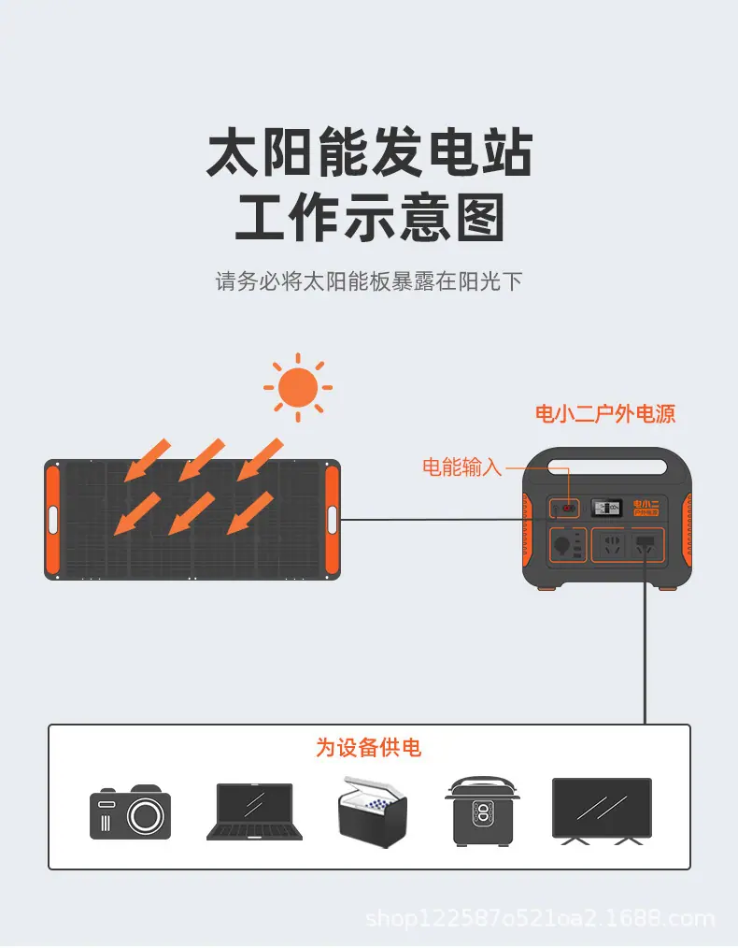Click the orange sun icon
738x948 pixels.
pos(298,388)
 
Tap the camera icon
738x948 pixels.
pos(131,812)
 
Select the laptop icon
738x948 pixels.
pos(254,812)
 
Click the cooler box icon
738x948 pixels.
pos(373,812)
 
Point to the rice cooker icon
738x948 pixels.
pos(483,811)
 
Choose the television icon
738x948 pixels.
pos(603,812)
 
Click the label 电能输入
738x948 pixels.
pos(462,467)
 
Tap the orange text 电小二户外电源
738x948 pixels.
pos(605,414)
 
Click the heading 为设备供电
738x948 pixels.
pos(368,748)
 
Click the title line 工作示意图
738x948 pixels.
pos(369,218)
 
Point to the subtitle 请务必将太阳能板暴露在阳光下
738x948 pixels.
pos(369,281)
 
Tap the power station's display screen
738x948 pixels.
pos(606,508)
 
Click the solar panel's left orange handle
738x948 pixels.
pos(52,520)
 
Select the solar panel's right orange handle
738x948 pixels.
pos(333,520)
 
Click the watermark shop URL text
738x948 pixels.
pos(541,919)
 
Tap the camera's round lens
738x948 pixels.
pos(145,816)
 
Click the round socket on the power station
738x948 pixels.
pos(561,545)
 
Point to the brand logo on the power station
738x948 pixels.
pos(646,508)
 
